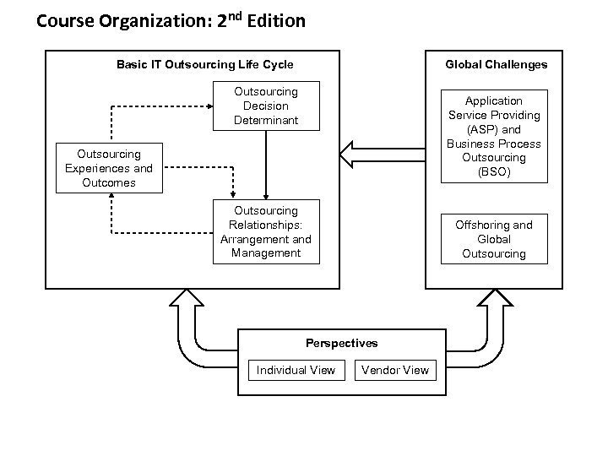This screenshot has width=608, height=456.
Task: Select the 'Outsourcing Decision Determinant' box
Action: pos(266,106)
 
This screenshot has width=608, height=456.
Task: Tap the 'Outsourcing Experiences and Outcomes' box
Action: pos(109,168)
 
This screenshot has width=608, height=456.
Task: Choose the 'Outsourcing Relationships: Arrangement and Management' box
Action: pos(266,231)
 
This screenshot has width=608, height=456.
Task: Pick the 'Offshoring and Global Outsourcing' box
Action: pos(494,239)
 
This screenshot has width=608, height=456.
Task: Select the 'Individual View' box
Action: pos(296,370)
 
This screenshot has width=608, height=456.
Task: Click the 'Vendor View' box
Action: pos(394,370)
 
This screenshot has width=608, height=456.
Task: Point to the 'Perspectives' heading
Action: pos(341,343)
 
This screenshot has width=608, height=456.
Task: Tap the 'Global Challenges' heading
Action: pos(497,64)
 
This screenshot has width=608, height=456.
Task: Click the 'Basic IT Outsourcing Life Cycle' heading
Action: pos(204,64)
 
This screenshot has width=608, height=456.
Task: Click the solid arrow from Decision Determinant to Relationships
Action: pos(266,165)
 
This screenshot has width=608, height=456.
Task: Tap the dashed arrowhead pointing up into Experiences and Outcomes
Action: pos(109,198)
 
